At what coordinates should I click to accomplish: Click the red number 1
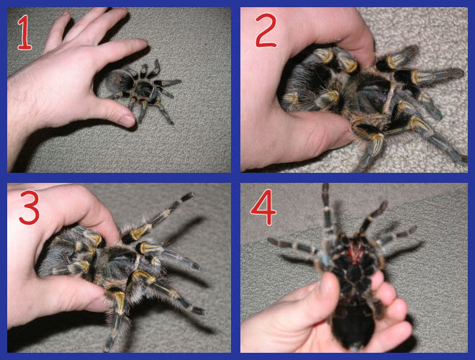(25, 32)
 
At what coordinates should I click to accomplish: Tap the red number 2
(266, 30)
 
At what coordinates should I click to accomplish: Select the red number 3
(30, 207)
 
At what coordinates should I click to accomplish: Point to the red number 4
(263, 210)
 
